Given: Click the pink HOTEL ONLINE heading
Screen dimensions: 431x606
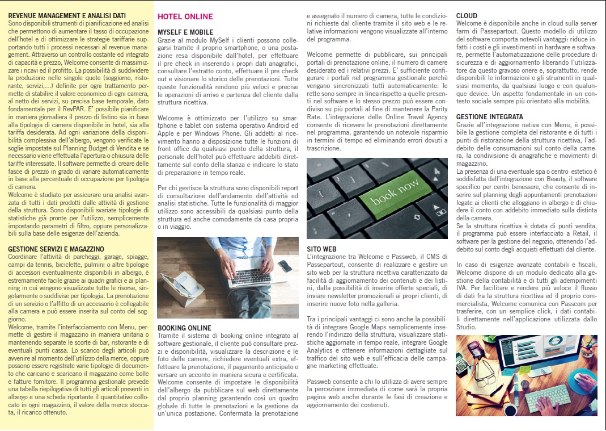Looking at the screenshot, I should pos(185,16).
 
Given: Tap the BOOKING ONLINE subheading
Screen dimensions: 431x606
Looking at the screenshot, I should pos(184,328).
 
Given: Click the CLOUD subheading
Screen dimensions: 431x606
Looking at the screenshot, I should pos(467,16).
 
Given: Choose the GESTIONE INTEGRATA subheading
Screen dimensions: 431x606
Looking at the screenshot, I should pos(490,116).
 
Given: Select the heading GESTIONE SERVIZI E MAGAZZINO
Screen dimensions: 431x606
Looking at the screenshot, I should pos(56,249).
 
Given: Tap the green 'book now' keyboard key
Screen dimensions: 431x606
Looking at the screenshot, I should pos(395,192).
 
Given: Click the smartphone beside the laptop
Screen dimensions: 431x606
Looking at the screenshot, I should pos(286,265).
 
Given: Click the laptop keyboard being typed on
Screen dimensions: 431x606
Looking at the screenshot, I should pos(250,278).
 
